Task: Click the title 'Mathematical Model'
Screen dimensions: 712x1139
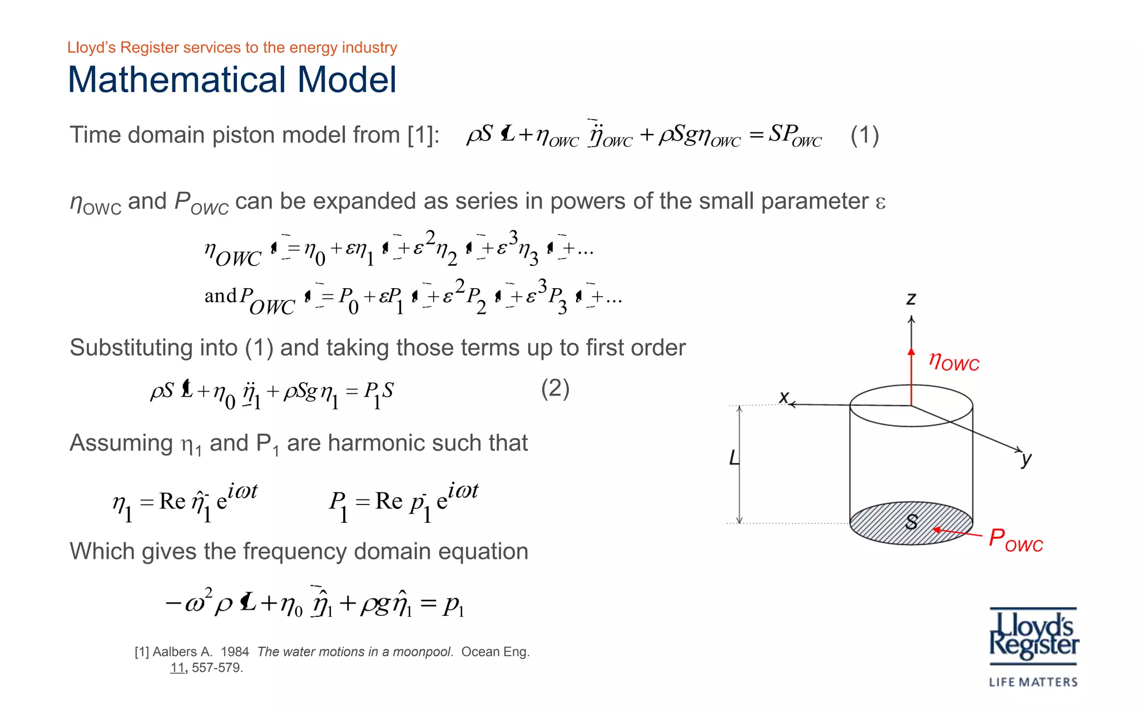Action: pos(232,80)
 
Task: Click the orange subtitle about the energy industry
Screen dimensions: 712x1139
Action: pos(232,48)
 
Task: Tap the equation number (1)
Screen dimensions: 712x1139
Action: pos(864,135)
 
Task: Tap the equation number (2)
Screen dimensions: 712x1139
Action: pos(555,388)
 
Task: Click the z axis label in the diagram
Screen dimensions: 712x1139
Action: pos(911,299)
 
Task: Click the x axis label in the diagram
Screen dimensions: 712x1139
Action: pos(784,397)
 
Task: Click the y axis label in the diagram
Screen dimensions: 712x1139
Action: pos(1026,459)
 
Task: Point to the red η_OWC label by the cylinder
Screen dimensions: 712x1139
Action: pos(954,362)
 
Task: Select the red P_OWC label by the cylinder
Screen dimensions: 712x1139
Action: pos(1016,540)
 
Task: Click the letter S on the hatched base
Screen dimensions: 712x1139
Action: pos(911,522)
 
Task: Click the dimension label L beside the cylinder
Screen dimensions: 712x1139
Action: pos(734,458)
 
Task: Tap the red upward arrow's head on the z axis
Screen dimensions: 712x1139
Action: pos(911,352)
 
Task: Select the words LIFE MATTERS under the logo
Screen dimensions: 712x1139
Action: pos(1033,682)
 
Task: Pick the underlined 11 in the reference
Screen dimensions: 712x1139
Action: pos(177,668)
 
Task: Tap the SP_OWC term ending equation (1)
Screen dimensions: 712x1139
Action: pos(795,135)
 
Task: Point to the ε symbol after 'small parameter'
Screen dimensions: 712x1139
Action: pos(880,202)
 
